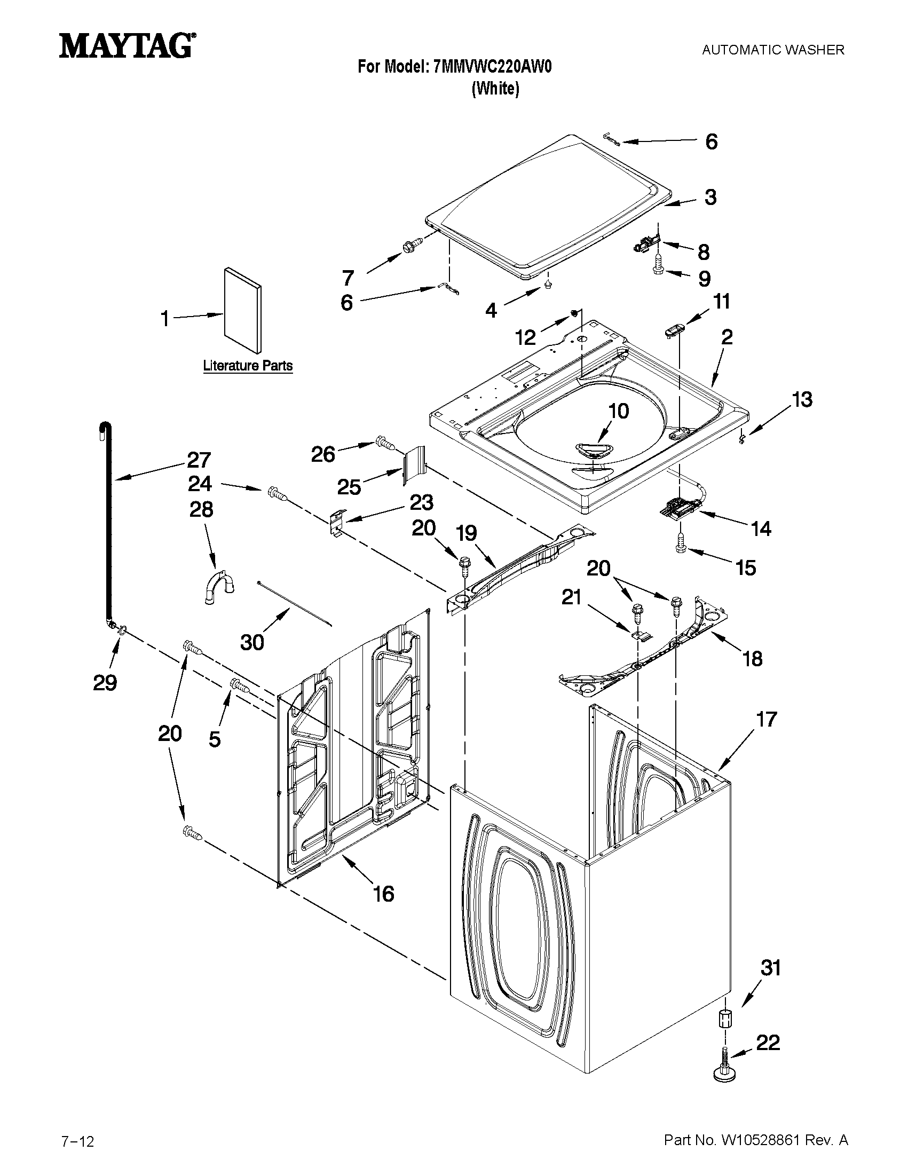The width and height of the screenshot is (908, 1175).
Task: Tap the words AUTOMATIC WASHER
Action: click(773, 50)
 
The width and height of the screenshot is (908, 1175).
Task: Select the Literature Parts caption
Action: click(248, 366)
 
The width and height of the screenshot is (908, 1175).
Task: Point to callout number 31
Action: click(770, 968)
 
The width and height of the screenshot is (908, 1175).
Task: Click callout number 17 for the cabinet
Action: click(767, 719)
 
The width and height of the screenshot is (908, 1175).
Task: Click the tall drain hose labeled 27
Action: click(106, 516)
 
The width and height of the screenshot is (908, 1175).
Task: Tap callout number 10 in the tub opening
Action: click(618, 411)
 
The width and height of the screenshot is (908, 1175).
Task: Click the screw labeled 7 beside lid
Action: click(411, 247)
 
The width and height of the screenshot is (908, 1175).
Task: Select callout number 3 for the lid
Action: click(710, 198)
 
